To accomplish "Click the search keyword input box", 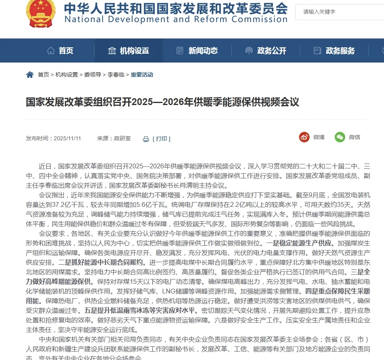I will [x=338, y=12].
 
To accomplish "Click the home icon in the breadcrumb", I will [x=30, y=75].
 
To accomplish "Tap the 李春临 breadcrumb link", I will [x=116, y=75].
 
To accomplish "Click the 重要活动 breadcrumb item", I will [x=142, y=75].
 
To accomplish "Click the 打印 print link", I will [x=161, y=139].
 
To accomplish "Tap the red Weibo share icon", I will [x=304, y=137].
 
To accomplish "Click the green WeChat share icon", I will [x=340, y=137].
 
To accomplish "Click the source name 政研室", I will [x=122, y=138].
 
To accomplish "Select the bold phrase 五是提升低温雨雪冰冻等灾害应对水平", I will [x=140, y=310].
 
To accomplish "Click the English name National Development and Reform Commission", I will [x=175, y=19].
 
